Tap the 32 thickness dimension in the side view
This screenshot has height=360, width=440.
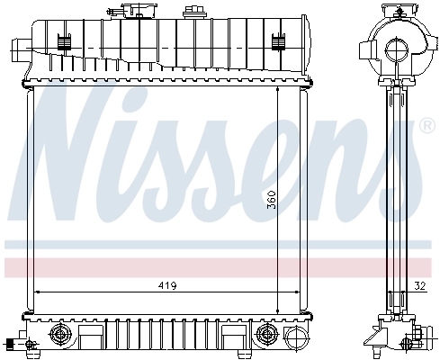click(x=421, y=285)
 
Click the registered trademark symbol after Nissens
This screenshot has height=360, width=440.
click(x=426, y=126)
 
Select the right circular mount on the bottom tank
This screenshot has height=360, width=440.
click(x=266, y=335)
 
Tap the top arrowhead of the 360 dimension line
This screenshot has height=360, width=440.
click(x=277, y=91)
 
